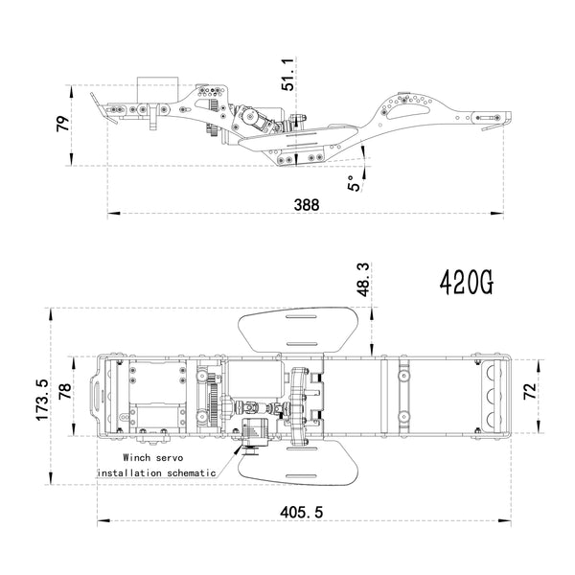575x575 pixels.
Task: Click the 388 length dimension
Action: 307,205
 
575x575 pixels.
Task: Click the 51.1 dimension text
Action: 289,72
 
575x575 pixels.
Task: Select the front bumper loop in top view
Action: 95,395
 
